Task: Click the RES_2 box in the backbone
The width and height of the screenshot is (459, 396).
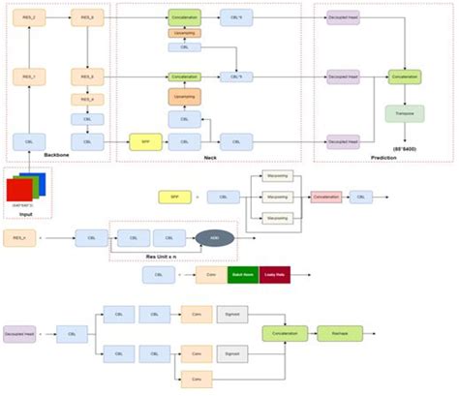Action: [29, 17]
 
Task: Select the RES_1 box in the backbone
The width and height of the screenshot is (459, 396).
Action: [29, 75]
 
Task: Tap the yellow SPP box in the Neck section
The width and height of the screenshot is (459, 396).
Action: [144, 142]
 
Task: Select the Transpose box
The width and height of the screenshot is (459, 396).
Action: [404, 113]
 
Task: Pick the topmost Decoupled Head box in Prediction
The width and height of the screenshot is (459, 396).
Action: [342, 17]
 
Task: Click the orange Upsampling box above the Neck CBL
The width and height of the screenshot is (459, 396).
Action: [183, 97]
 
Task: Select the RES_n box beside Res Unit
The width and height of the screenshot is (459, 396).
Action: [19, 236]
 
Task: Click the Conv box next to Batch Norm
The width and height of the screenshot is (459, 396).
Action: [211, 274]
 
